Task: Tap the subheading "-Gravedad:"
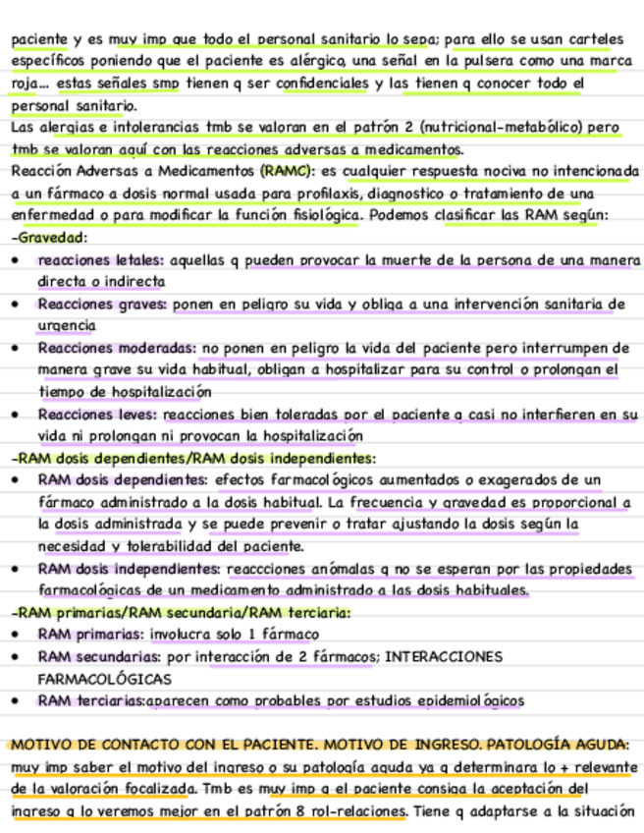pyautogui.click(x=51, y=237)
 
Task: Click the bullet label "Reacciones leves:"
pyautogui.click(x=101, y=414)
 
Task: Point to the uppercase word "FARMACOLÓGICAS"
pyautogui.click(x=104, y=679)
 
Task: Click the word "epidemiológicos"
pyautogui.click(x=465, y=700)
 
